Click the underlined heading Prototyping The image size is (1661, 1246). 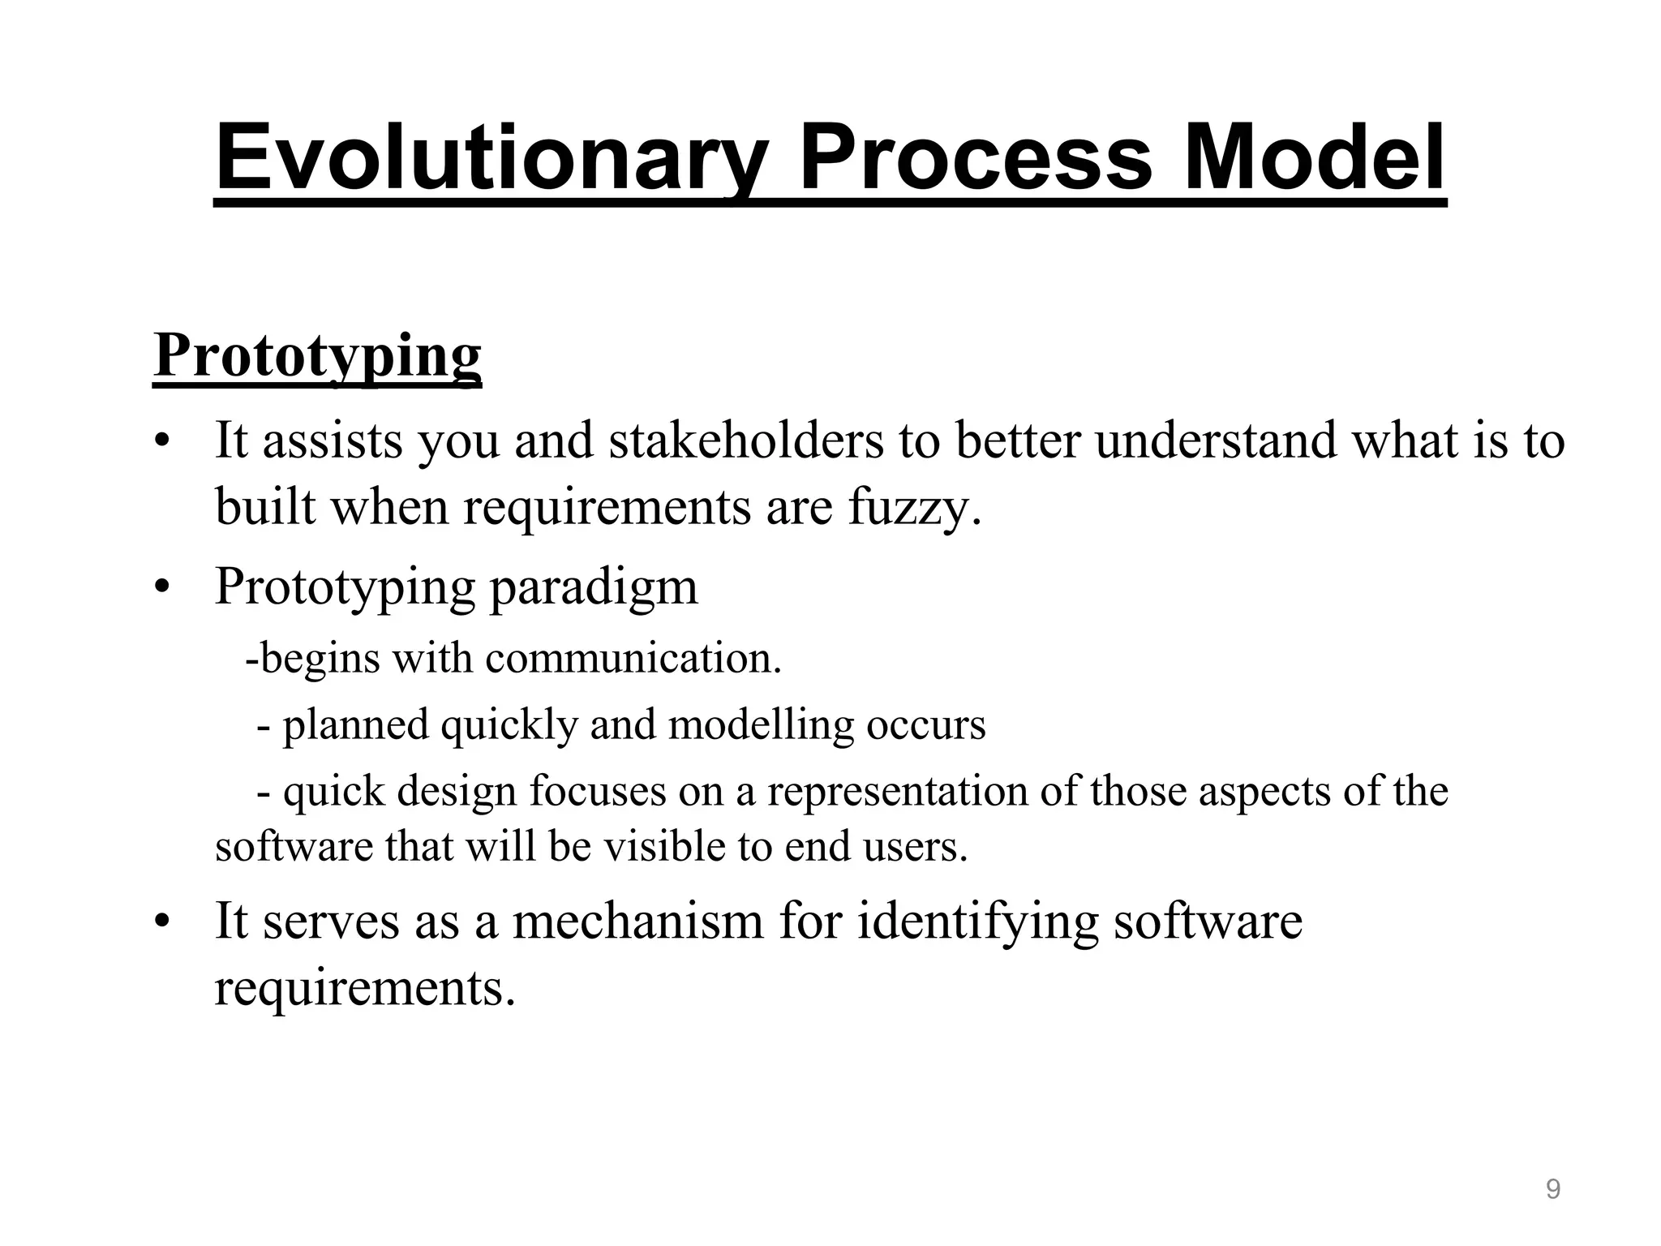(x=317, y=357)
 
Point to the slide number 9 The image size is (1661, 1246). (x=1552, y=1190)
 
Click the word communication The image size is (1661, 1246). (x=633, y=658)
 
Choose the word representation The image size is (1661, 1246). (x=897, y=792)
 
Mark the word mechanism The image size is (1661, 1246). (x=637, y=922)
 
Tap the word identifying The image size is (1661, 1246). (x=977, y=922)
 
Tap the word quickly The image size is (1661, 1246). (x=509, y=724)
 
